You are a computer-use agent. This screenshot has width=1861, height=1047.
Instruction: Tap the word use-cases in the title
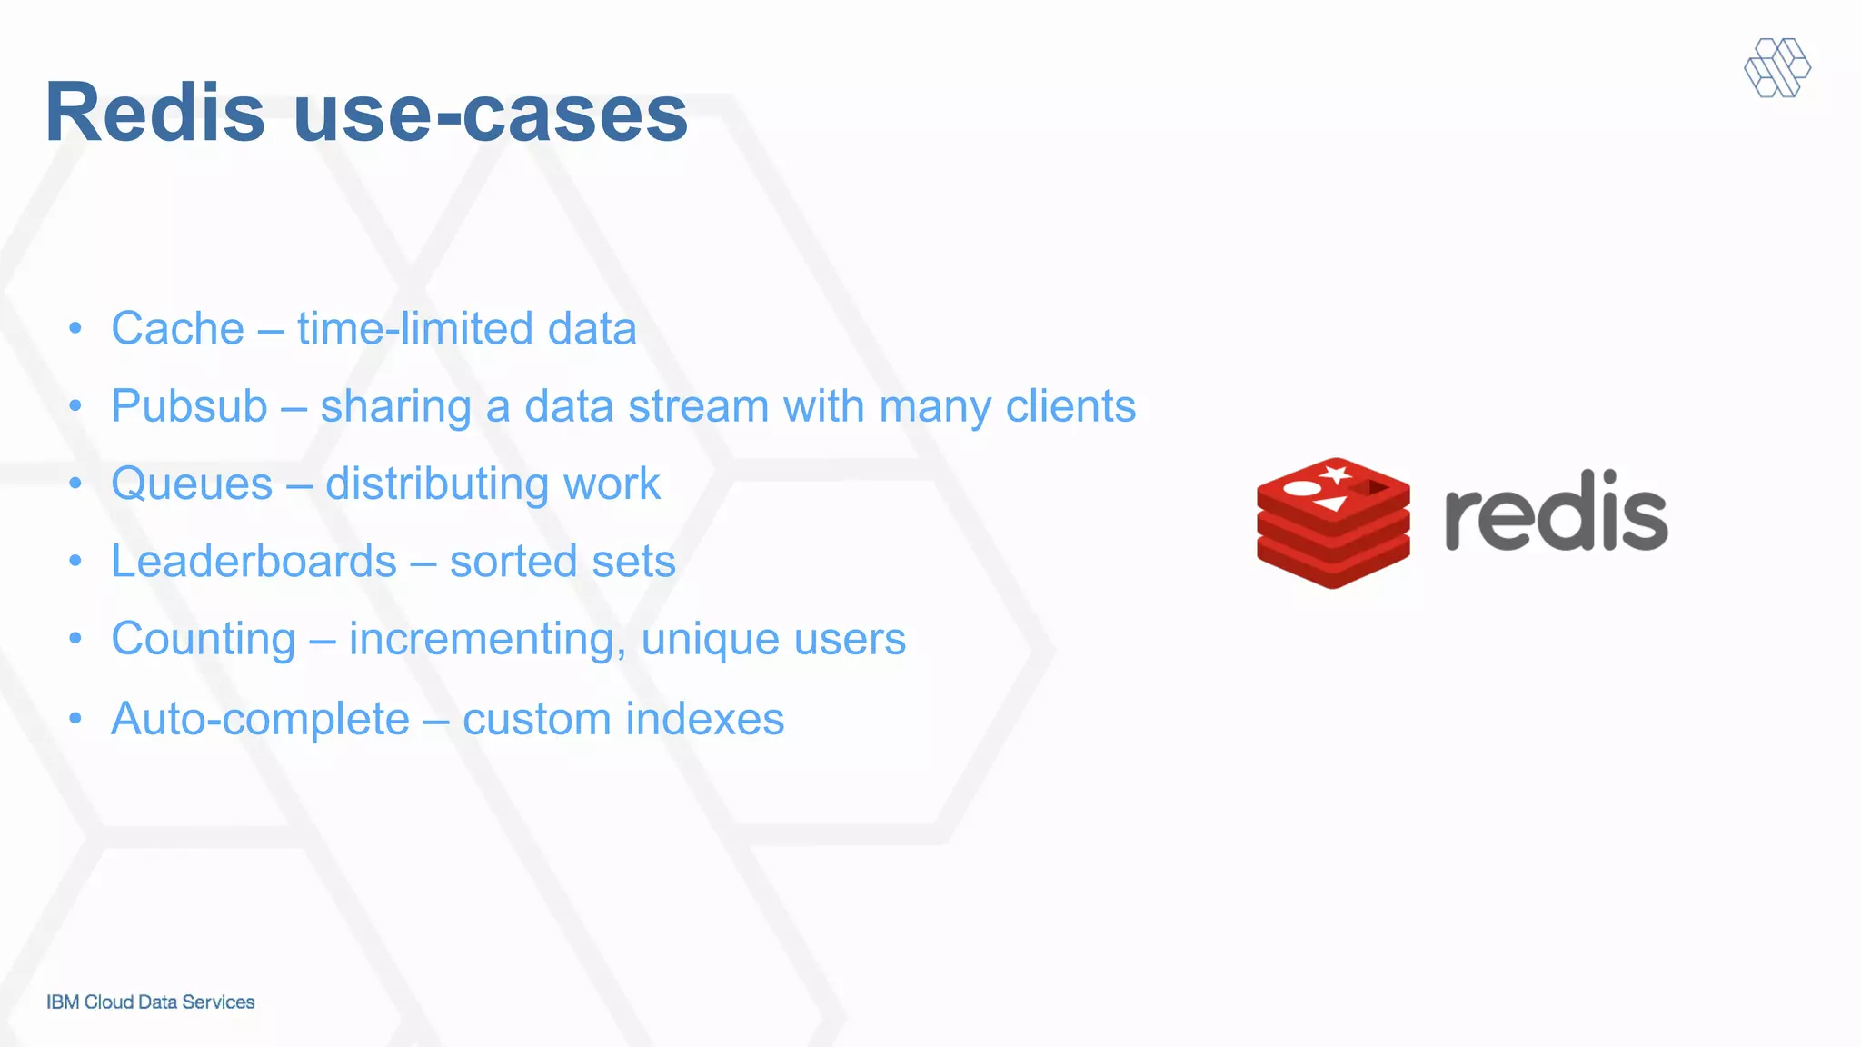coord(491,115)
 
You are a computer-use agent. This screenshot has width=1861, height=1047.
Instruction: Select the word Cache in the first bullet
coord(178,328)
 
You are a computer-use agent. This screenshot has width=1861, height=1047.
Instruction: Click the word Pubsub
coord(189,406)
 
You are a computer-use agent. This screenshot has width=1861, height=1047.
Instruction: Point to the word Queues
coord(192,484)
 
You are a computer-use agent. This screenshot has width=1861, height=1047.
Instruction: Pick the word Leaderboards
coord(254,561)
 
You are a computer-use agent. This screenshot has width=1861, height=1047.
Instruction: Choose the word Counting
coord(204,639)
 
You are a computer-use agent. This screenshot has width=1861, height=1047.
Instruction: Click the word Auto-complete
coord(261,719)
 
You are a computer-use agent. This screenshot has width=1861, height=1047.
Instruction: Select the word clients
coord(1070,406)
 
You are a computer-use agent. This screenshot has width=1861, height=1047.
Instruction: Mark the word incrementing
coord(487,639)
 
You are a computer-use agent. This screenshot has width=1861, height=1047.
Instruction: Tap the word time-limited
coord(414,328)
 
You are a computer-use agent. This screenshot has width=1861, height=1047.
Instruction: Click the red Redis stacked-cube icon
coord(1333,523)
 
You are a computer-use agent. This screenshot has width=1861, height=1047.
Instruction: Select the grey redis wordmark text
coord(1556,512)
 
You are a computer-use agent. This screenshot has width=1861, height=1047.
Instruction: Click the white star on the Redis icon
coord(1336,474)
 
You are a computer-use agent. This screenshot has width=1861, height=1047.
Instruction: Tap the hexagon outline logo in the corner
coord(1777,67)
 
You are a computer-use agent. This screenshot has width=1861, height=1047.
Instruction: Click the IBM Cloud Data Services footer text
coord(151,1002)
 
